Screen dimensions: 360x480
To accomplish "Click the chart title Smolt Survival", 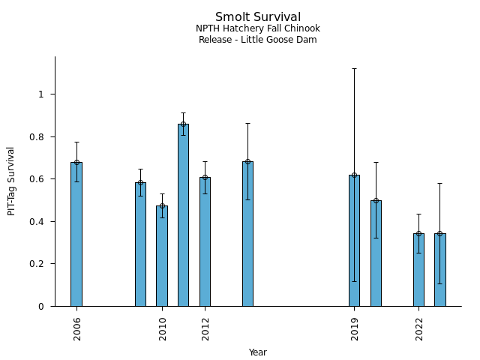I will click(x=258, y=17).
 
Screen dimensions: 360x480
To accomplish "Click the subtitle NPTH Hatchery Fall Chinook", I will click(x=258, y=28).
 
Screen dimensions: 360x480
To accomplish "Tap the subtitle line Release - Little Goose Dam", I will click(x=258, y=40).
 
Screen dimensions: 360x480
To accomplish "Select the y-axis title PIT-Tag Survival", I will click(x=11, y=181).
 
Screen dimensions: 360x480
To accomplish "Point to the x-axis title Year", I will click(x=258, y=352).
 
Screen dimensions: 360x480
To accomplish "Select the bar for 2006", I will click(x=76, y=234).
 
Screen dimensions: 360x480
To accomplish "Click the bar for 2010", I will click(x=162, y=256).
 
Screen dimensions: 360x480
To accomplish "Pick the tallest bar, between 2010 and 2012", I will click(x=183, y=215).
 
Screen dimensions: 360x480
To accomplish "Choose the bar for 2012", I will click(x=205, y=241).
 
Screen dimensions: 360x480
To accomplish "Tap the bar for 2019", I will click(x=354, y=240).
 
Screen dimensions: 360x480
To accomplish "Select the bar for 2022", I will click(x=418, y=270).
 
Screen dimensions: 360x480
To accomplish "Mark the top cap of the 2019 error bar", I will click(x=354, y=68).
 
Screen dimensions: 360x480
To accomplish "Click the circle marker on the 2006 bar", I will click(x=76, y=162).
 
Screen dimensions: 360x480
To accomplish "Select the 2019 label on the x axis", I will click(x=355, y=328).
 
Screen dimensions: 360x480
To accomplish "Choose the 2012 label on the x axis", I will click(x=205, y=328).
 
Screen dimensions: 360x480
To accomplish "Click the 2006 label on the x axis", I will click(x=77, y=328).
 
